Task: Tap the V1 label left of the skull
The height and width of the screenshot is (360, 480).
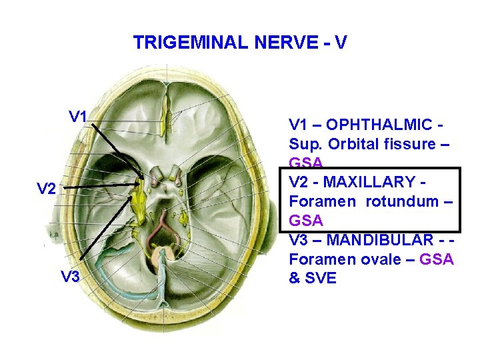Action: (x=79, y=117)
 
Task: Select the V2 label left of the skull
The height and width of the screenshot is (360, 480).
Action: (x=46, y=189)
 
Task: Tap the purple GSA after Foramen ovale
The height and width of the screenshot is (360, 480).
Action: (x=437, y=259)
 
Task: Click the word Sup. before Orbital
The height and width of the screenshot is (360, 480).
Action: (x=305, y=144)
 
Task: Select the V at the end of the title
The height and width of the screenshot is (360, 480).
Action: (x=340, y=43)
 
